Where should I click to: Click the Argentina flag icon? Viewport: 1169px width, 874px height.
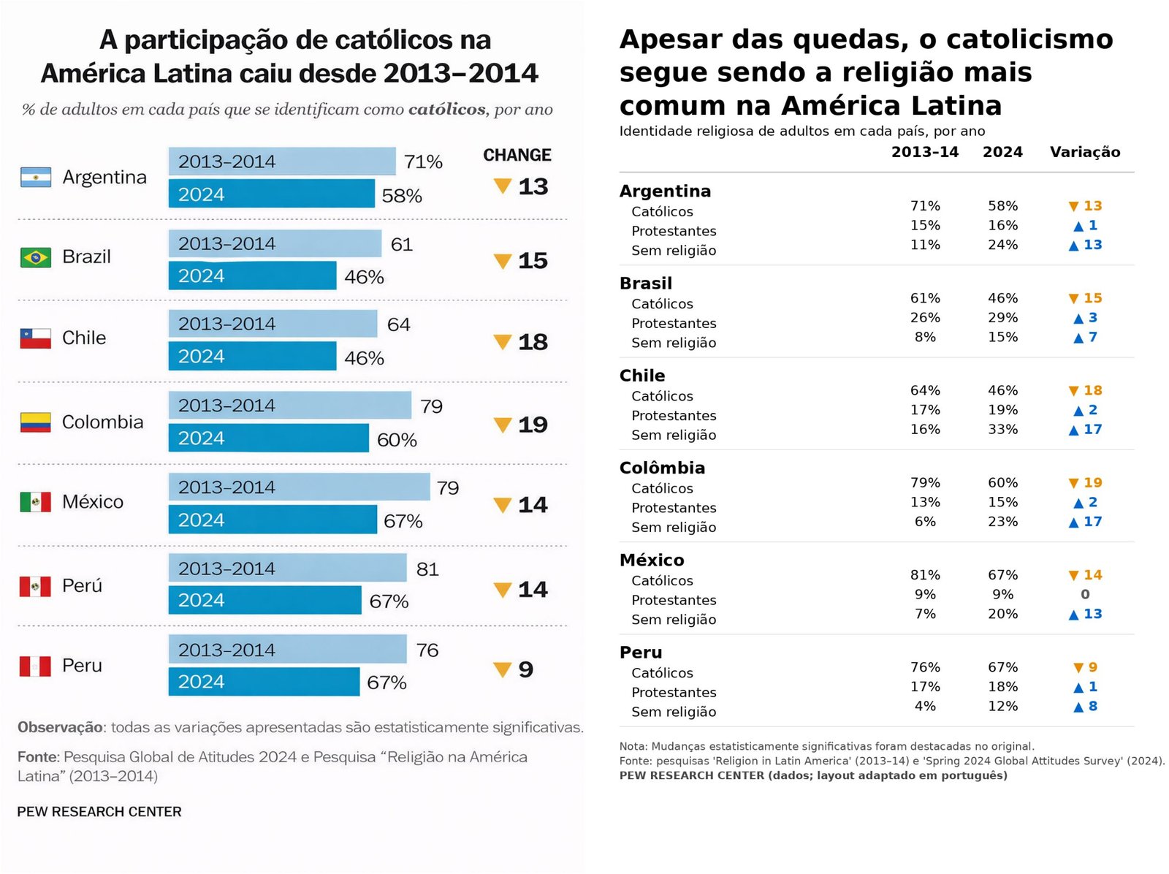click(36, 178)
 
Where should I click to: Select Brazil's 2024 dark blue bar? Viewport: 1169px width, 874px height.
click(252, 275)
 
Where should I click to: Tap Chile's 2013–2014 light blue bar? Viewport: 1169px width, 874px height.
click(273, 324)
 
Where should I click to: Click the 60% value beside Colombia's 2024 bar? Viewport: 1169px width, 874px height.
click(397, 440)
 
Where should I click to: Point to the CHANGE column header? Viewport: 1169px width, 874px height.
click(517, 155)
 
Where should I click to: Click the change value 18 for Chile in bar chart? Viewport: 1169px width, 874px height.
click(533, 342)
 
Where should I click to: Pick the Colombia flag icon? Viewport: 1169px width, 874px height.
click(36, 422)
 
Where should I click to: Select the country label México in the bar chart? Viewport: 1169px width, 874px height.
click(93, 502)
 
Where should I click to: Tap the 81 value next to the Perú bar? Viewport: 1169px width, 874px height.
click(427, 569)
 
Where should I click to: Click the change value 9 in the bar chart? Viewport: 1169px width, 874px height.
click(525, 669)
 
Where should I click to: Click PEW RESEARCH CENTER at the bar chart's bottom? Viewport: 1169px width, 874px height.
click(99, 812)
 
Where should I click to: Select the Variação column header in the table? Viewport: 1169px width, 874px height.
click(1084, 152)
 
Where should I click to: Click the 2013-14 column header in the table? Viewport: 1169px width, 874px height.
click(924, 152)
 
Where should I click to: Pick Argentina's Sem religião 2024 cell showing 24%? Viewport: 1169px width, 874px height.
click(1002, 245)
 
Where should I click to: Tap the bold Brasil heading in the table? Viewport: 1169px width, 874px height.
click(646, 284)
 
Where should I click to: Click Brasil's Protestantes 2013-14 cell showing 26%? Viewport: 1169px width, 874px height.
click(925, 318)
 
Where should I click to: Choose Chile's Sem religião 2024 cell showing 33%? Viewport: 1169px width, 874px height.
click(1002, 430)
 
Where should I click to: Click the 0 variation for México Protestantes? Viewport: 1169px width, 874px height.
click(1085, 595)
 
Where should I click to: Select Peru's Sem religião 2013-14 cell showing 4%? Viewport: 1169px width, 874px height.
click(925, 707)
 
